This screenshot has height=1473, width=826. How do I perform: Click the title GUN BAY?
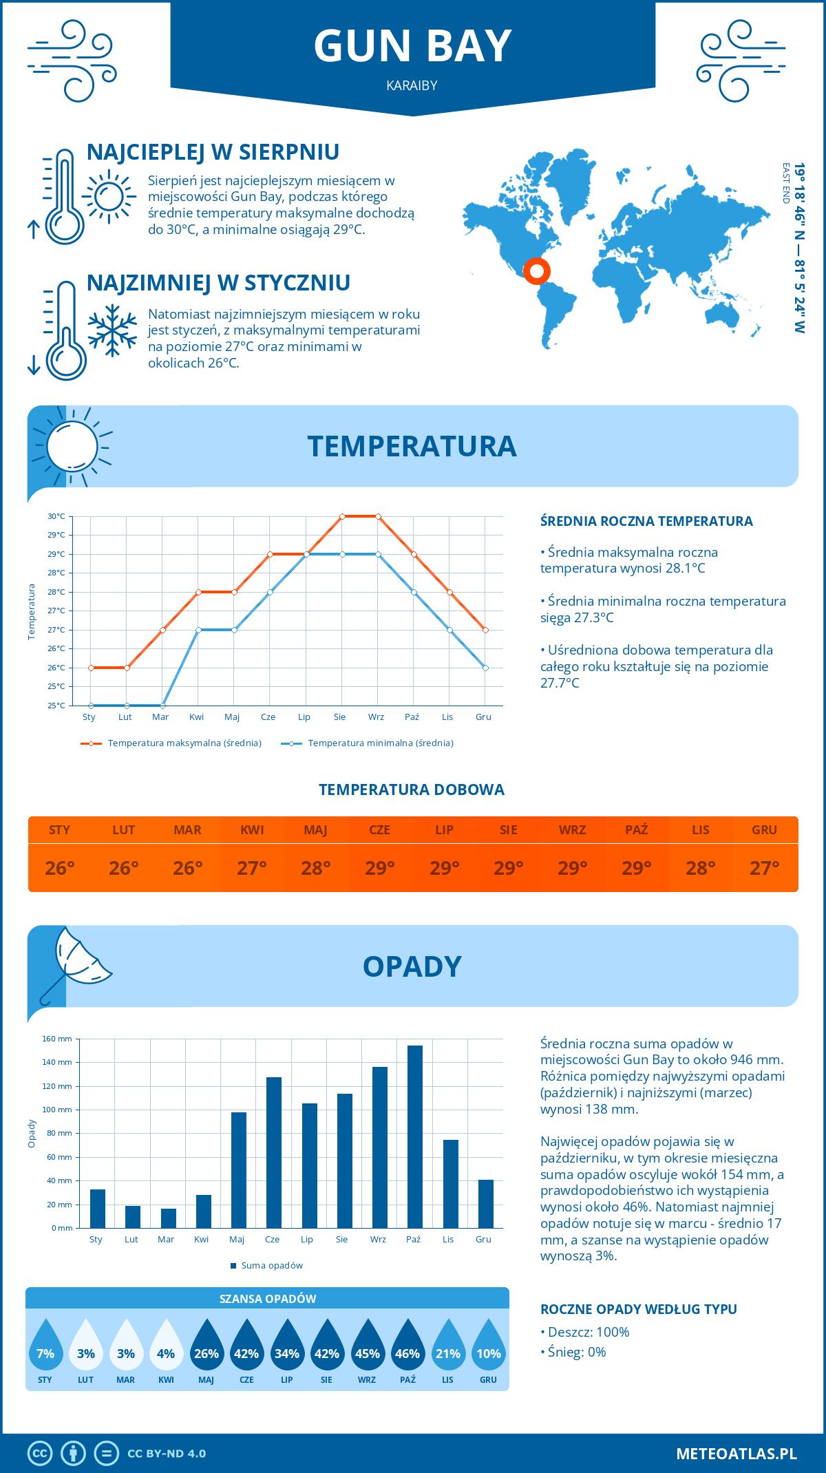tap(412, 46)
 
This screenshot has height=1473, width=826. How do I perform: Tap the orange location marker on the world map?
tap(536, 271)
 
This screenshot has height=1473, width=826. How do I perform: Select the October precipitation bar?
tap(414, 1136)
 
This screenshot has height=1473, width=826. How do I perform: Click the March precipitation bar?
tap(168, 1218)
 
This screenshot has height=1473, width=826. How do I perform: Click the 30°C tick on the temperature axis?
tap(56, 516)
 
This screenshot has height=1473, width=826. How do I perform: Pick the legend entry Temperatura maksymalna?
tap(171, 743)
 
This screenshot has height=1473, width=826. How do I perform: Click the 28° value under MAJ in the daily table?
tap(316, 868)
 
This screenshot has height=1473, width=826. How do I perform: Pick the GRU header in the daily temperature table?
tap(764, 829)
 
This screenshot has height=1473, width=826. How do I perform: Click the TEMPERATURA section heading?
tap(412, 446)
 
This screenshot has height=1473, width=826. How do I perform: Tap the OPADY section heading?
tap(412, 966)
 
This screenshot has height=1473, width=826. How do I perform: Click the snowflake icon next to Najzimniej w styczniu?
tap(112, 330)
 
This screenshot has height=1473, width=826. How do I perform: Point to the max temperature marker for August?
tap(342, 516)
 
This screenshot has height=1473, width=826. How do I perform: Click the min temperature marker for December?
tap(485, 668)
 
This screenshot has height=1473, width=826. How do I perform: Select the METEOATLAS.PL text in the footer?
tap(736, 1453)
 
